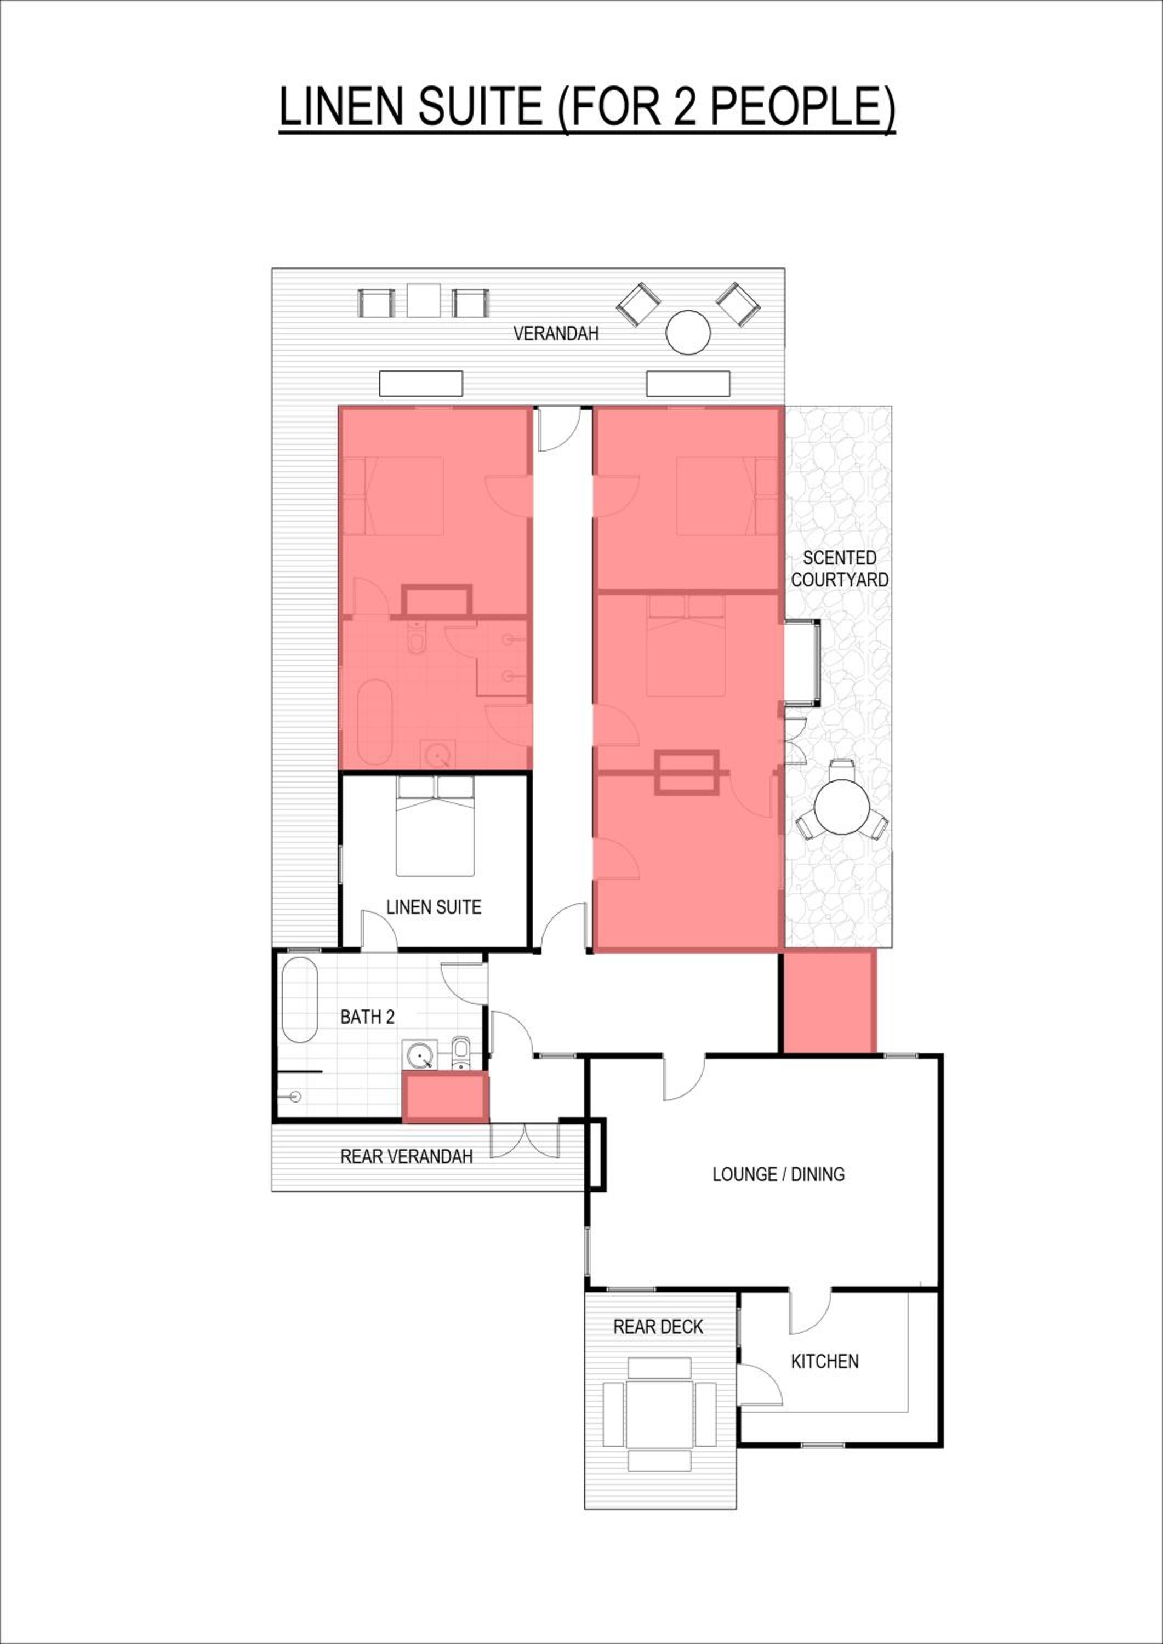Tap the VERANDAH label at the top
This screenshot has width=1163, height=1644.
pos(556,333)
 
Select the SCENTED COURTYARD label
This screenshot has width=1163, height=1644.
pos(839,568)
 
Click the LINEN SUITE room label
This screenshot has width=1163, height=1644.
pos(434,907)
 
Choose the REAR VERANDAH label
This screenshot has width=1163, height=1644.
pos(406,1156)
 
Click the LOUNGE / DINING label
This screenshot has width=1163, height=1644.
pos(778,1174)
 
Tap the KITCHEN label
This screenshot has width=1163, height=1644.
pos(824,1361)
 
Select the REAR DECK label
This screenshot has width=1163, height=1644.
pos(658,1327)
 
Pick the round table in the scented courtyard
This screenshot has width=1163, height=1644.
pos(842,806)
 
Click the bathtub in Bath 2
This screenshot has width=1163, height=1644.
pos(299,1000)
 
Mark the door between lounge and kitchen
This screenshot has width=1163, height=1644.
pos(810,1310)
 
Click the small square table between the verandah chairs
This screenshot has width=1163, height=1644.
pos(423,301)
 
